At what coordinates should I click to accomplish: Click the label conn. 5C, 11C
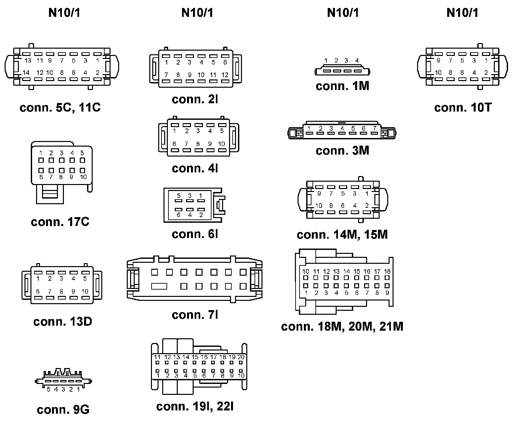point(60,108)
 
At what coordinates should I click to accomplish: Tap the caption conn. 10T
point(463,108)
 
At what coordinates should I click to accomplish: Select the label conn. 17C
point(60,222)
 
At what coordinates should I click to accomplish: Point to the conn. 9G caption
point(63,410)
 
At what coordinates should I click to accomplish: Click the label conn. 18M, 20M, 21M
point(342,327)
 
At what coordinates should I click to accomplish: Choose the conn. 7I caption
point(195,315)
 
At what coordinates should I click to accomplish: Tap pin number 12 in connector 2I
point(225,75)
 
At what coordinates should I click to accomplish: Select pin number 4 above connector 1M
point(357,61)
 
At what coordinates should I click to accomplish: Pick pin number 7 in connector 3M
point(374,128)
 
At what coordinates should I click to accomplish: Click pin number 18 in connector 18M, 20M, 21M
point(387,271)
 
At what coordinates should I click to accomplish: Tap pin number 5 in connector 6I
point(179,196)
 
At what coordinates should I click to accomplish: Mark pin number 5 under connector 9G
point(48,389)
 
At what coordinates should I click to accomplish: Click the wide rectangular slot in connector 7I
point(159,286)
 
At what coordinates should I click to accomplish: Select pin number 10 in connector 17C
point(83,177)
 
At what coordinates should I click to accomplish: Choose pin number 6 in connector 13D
point(38,292)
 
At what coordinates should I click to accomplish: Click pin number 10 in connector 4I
point(221,144)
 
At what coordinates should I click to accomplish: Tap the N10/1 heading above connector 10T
point(462,13)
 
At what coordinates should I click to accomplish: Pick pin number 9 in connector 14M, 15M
point(319,194)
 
